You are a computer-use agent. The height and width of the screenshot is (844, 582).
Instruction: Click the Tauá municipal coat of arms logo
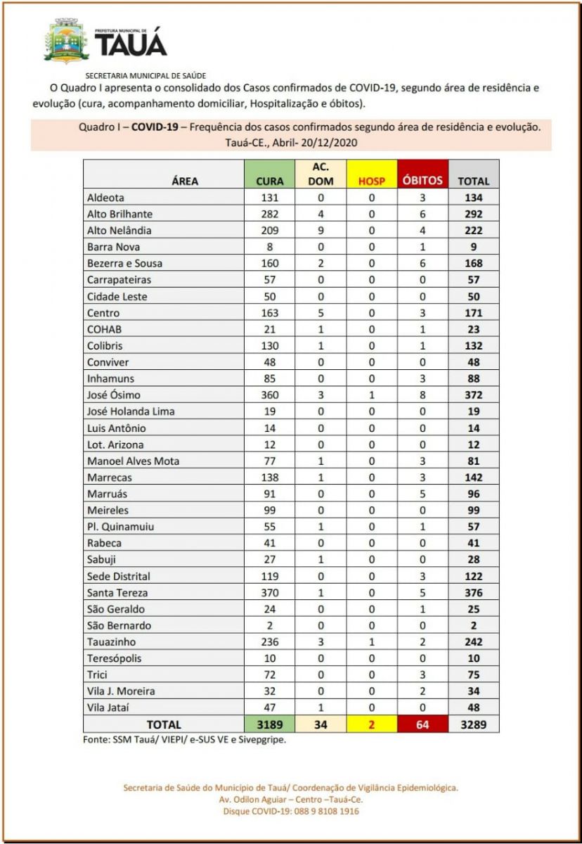pos(67,41)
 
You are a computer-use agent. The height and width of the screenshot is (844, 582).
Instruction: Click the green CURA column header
pos(269,181)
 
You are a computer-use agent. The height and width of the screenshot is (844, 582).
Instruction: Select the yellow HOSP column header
pos(372,181)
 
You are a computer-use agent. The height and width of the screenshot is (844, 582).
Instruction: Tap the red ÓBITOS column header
pos(422,181)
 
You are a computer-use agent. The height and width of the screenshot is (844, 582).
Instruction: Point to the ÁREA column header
pos(185,181)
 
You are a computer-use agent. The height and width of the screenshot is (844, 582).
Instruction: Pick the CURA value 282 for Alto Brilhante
pos(269,214)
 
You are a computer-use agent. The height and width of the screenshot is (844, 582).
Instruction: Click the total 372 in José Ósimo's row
pos(474,395)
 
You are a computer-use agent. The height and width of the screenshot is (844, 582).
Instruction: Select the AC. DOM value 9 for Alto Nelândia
pos(320,230)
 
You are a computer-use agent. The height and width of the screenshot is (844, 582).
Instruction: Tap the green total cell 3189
pos(269,724)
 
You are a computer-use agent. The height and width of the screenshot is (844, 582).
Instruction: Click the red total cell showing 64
pos(422,724)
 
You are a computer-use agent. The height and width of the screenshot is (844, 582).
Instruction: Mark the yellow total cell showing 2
pos(372,724)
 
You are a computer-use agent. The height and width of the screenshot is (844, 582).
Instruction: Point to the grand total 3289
pos(474,724)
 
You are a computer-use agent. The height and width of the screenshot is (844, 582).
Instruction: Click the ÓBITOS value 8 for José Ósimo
pos(422,395)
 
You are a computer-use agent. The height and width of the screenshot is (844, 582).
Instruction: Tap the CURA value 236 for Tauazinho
pos(269,641)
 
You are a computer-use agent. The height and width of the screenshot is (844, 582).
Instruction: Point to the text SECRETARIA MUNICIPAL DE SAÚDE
pos(145,75)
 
